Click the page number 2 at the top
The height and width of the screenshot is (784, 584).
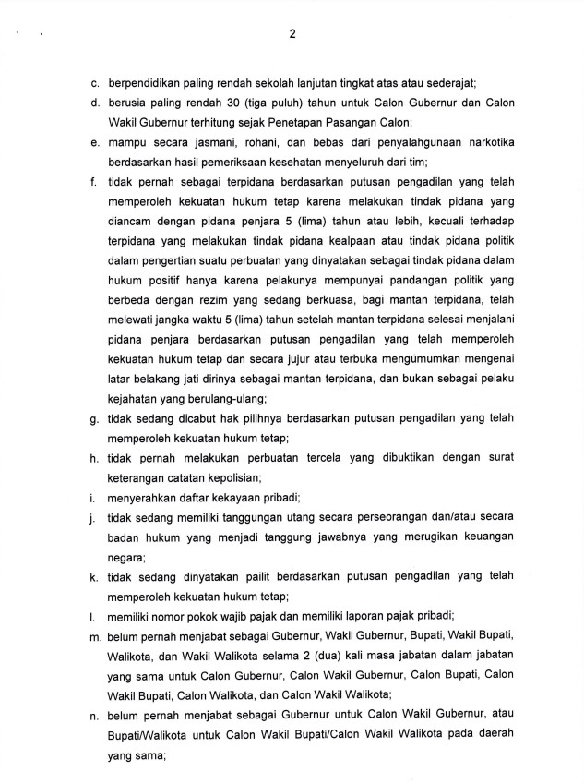click(x=292, y=35)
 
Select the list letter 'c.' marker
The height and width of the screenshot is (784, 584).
click(x=95, y=83)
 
